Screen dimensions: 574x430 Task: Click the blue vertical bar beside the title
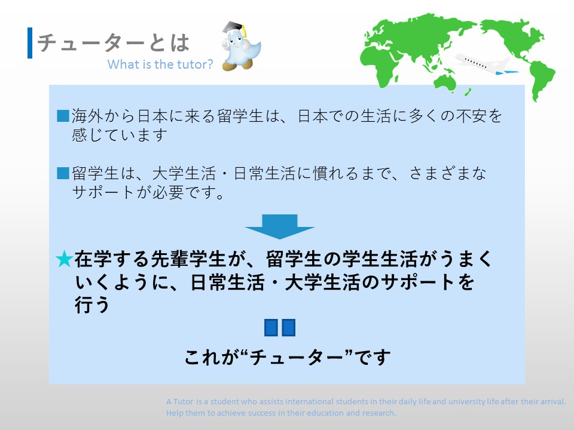tap(30, 43)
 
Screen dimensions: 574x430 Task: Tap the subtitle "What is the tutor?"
tap(160, 64)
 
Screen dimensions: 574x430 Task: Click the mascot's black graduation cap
tap(234, 28)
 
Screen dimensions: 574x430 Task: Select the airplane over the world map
tap(486, 64)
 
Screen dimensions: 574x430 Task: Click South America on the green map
tap(542, 81)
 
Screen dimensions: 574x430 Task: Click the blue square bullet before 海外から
tap(63, 115)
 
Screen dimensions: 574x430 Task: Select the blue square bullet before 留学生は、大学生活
tap(63, 173)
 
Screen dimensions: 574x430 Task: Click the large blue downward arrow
tap(279, 227)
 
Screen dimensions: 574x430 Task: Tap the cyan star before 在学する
tap(64, 259)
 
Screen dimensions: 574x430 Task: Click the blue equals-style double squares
tap(280, 328)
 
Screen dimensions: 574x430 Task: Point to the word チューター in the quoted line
tap(296, 357)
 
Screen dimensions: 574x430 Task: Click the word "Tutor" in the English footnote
tap(183, 401)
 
